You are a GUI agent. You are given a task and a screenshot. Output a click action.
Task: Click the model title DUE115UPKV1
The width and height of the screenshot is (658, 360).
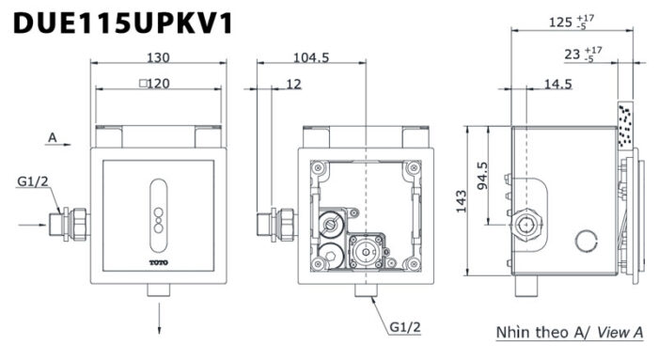[x=123, y=23]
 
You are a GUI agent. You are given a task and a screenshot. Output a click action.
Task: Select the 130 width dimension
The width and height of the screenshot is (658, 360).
[x=158, y=57]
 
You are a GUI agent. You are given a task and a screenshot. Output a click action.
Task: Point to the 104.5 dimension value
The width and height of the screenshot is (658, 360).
[x=311, y=57]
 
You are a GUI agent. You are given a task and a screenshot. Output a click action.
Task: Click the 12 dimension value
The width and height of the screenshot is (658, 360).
[x=293, y=84]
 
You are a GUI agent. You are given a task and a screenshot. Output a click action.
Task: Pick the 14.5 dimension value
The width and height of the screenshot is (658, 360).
[x=557, y=84]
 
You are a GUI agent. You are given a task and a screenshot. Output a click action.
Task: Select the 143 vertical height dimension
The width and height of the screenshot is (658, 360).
[x=462, y=201]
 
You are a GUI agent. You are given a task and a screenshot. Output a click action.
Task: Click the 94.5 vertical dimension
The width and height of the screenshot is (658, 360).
[x=482, y=176]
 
